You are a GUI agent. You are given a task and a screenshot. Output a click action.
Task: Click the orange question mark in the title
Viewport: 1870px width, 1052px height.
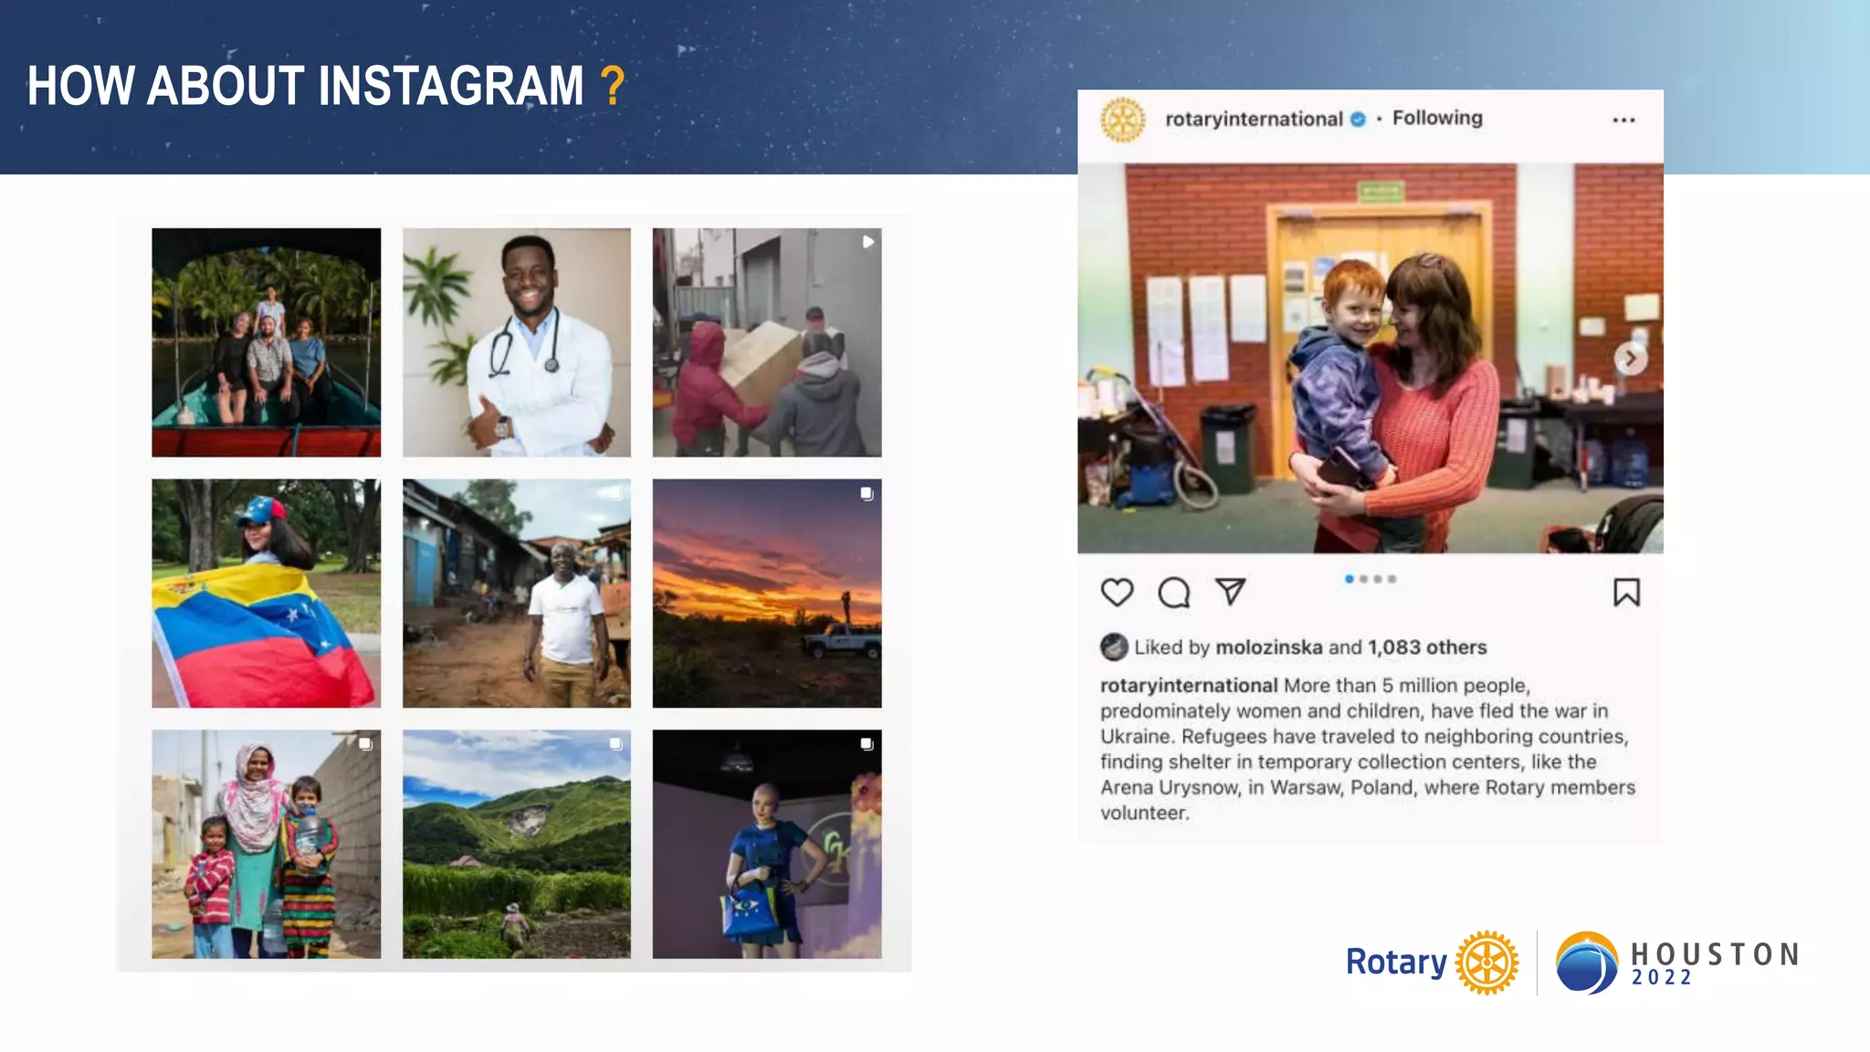click(x=613, y=86)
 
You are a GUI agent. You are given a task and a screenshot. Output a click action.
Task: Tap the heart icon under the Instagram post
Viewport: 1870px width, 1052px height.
click(x=1117, y=593)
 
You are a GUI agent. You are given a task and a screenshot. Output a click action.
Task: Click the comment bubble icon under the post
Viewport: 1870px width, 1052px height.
click(x=1173, y=593)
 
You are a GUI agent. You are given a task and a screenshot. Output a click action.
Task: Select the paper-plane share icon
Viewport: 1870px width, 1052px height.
click(x=1230, y=592)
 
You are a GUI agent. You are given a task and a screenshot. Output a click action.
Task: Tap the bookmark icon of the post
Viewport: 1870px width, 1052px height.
click(x=1626, y=593)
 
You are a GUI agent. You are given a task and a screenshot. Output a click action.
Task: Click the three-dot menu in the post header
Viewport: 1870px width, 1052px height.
click(x=1623, y=120)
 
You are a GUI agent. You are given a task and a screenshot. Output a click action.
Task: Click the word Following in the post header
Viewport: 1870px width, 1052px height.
click(x=1437, y=118)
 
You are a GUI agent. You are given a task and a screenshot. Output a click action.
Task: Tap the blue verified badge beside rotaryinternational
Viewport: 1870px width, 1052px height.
click(x=1358, y=119)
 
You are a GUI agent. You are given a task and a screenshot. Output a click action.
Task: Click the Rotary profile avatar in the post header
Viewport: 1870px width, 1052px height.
click(x=1122, y=120)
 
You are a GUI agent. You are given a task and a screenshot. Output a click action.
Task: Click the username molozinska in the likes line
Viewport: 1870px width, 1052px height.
click(x=1269, y=647)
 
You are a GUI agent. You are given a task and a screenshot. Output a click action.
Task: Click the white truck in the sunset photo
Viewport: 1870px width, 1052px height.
click(x=843, y=640)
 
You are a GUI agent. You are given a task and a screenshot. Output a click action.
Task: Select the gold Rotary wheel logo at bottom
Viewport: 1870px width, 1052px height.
click(x=1487, y=963)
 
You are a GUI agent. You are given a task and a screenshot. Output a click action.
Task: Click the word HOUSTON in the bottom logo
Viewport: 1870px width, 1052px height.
click(x=1715, y=954)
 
